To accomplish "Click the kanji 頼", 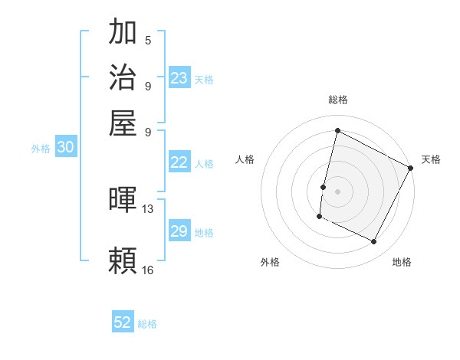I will [x=123, y=260].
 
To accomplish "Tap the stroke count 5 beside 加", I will [x=148, y=40].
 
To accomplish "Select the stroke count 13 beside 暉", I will [x=148, y=208].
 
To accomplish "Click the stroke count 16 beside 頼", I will [x=148, y=270].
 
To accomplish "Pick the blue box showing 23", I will [x=179, y=77].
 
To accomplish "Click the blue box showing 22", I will [x=179, y=162].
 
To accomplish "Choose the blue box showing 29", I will [x=179, y=231].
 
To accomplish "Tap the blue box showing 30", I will [x=66, y=148].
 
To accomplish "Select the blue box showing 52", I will [x=123, y=322].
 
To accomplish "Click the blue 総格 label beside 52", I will [x=147, y=324].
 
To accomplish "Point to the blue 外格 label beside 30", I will [x=41, y=149].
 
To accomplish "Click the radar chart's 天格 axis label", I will [x=431, y=159].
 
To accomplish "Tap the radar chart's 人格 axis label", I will [x=245, y=159].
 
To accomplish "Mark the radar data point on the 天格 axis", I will [x=411, y=168].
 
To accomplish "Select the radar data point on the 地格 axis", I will [x=374, y=242].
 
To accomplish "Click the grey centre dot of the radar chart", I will [x=337, y=191].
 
